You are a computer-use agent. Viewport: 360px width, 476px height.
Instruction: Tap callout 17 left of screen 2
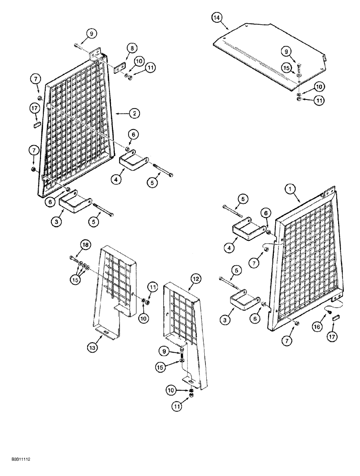[35, 109]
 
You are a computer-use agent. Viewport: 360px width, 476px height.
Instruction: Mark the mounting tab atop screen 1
[325, 194]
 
